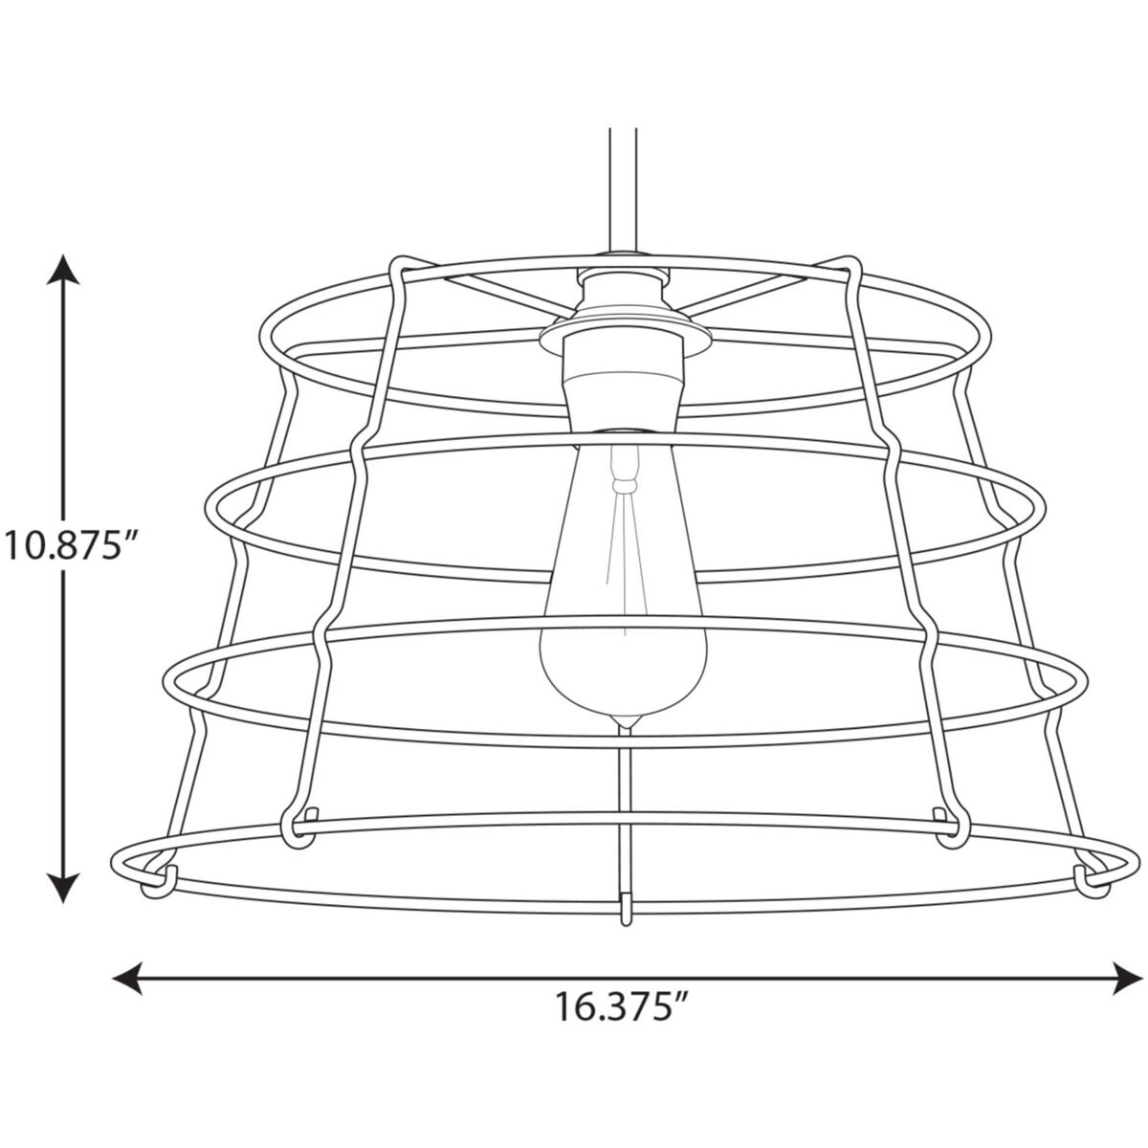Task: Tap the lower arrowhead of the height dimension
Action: click(x=64, y=888)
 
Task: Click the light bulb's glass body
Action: click(x=623, y=631)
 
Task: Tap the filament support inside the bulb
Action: click(x=623, y=474)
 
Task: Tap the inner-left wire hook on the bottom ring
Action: click(x=302, y=830)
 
